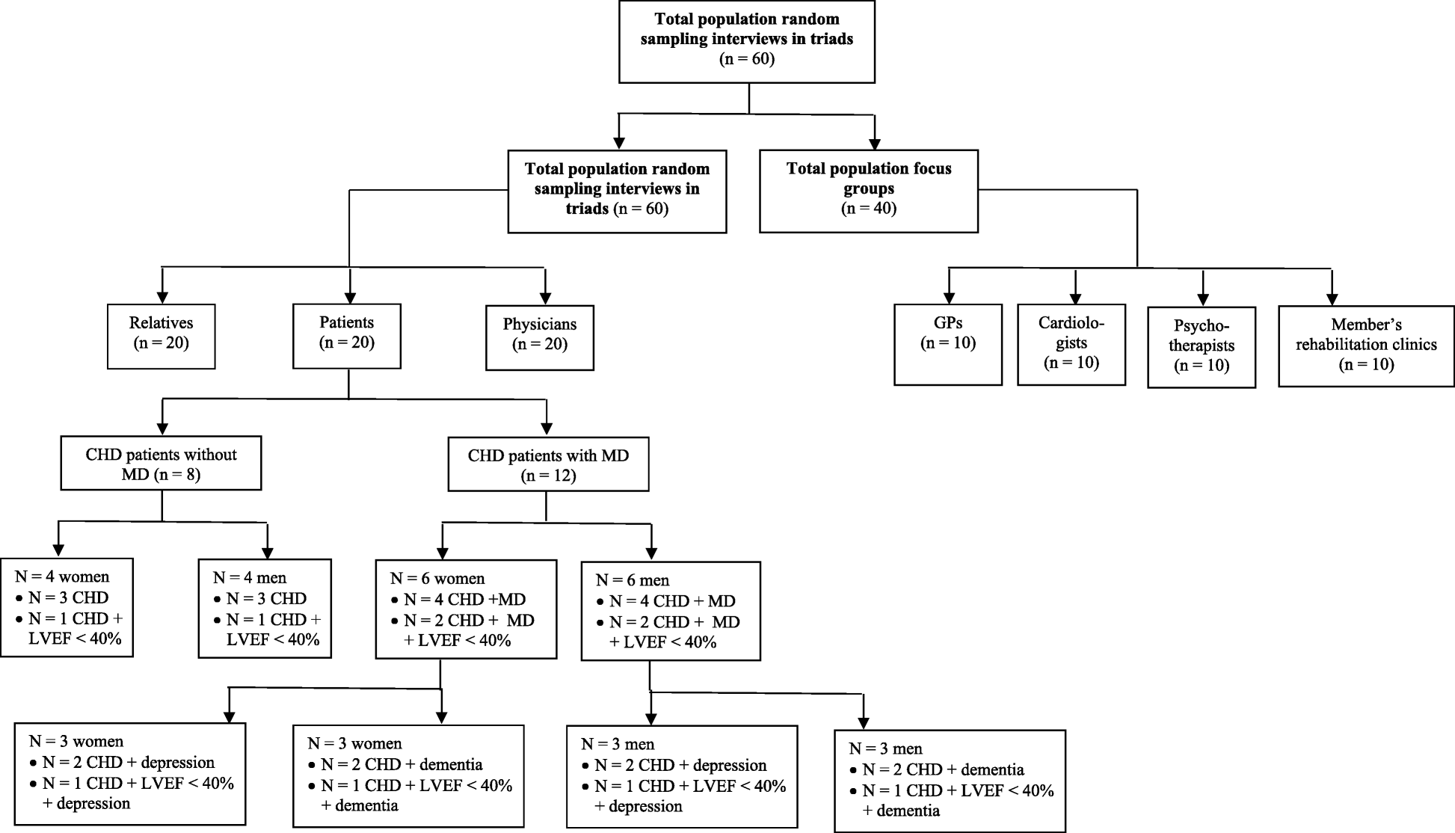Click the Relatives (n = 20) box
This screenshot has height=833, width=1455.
[x=161, y=336]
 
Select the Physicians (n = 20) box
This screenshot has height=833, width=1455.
[x=539, y=337]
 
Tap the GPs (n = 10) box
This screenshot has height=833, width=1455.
[x=947, y=344]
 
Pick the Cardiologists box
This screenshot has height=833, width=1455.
[x=1071, y=344]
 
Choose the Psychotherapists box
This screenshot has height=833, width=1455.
[x=1201, y=346]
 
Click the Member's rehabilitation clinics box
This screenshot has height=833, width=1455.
[x=1366, y=345]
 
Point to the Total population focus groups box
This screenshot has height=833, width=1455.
[x=868, y=191]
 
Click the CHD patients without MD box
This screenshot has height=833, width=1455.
[x=161, y=464]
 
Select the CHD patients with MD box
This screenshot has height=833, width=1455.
[x=548, y=464]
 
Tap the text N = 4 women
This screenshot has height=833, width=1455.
[x=62, y=577]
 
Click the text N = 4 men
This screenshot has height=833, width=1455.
[x=250, y=577]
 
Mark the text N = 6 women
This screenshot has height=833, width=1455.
[x=437, y=579]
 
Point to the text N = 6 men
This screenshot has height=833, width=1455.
[x=633, y=580]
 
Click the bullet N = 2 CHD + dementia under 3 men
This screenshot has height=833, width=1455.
[x=943, y=769]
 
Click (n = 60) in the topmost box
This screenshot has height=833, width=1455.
[x=746, y=58]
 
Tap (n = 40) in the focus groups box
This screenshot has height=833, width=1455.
[x=868, y=208]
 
